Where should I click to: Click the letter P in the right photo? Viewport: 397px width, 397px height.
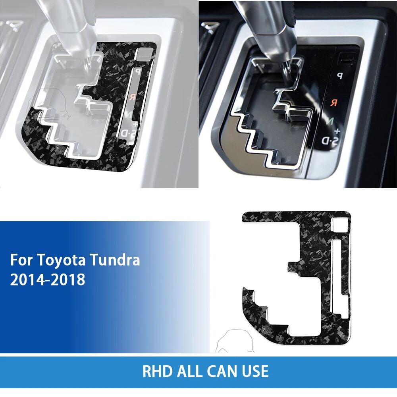tap(339, 75)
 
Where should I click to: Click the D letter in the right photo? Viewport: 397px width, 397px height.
tap(325, 141)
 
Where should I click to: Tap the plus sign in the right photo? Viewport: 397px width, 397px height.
tap(337, 131)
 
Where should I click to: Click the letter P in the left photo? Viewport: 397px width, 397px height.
tap(138, 71)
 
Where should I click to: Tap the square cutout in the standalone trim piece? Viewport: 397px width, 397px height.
tap(340, 224)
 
